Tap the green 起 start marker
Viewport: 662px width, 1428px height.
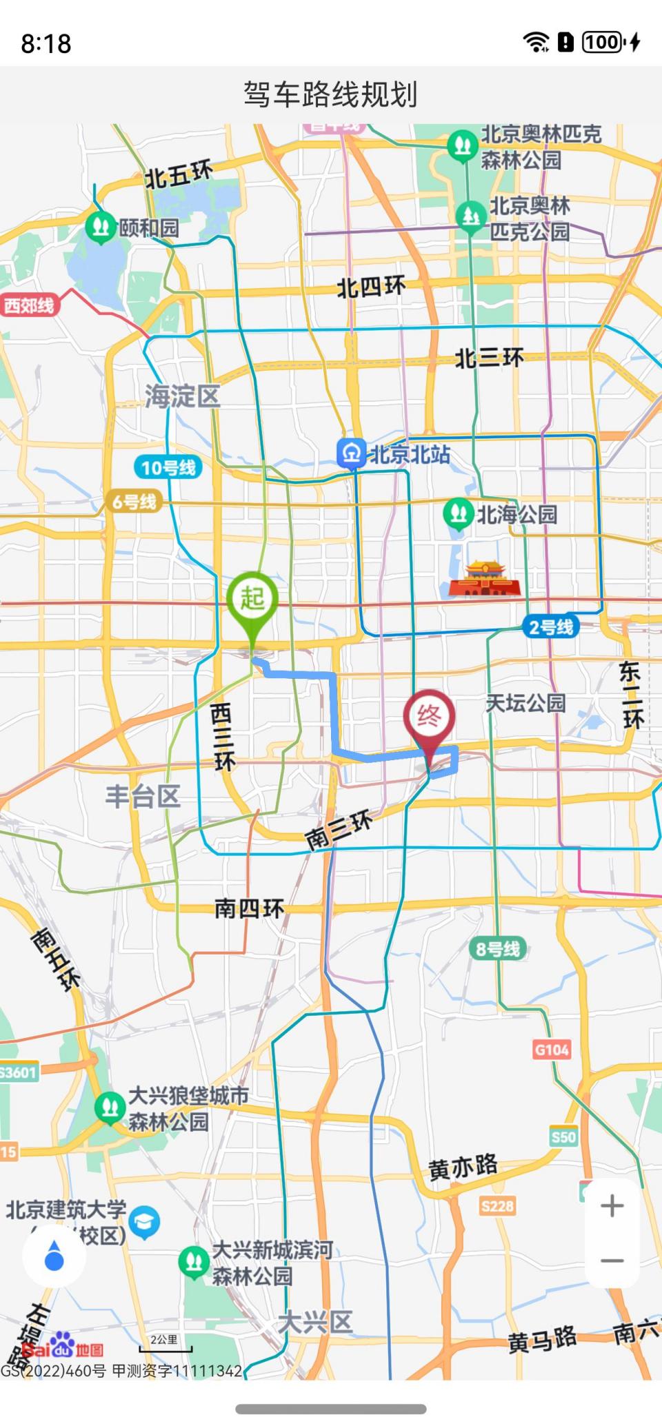coord(252,599)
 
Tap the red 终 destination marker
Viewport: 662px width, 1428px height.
coord(429,717)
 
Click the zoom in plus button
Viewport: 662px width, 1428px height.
coord(612,1205)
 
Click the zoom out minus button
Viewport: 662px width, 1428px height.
coord(612,1261)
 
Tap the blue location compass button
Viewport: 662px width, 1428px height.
coord(54,1256)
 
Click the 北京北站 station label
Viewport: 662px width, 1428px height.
coord(410,455)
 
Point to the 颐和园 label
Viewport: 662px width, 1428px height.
coord(149,227)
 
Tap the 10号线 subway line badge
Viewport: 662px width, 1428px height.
coord(168,468)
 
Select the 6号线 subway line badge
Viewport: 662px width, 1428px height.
coord(134,502)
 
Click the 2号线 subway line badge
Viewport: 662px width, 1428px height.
coord(550,627)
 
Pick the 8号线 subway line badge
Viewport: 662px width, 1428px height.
coord(498,949)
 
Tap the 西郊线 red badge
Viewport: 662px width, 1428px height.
coord(29,305)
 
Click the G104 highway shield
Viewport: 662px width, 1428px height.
coord(552,1050)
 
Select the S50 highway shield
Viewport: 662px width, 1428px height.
coord(563,1136)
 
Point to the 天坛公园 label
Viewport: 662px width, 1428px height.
coord(525,703)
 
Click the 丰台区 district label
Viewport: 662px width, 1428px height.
coord(143,796)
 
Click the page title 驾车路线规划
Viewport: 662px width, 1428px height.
coord(331,94)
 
